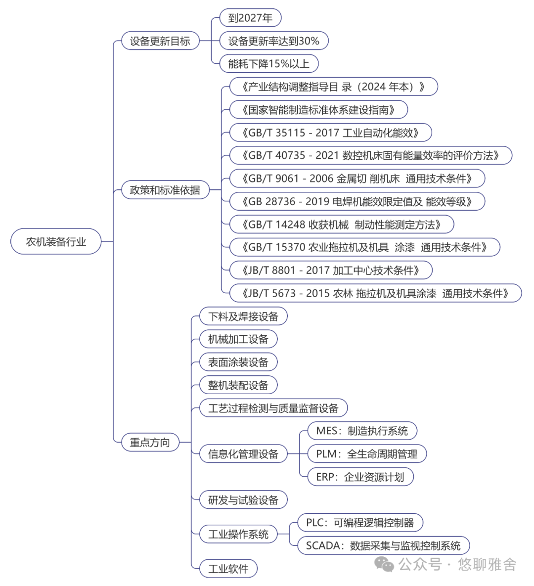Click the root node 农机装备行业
(x=56, y=242)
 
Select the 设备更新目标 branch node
(x=160, y=41)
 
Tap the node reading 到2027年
(x=250, y=18)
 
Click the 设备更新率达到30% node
(x=273, y=41)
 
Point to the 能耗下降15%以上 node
(x=268, y=64)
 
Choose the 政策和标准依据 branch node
(x=165, y=190)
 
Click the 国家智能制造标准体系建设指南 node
(x=318, y=110)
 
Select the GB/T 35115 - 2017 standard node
(x=330, y=133)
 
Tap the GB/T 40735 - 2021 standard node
(x=370, y=155)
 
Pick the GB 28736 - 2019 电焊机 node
(x=357, y=201)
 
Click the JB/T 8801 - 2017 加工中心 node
(x=331, y=270)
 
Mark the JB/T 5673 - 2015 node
(x=375, y=293)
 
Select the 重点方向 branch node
(x=150, y=442)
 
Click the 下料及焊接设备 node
(x=243, y=316)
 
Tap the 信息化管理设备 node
(x=243, y=454)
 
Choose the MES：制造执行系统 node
(x=362, y=431)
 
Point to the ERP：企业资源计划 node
(x=360, y=477)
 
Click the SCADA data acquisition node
(x=383, y=545)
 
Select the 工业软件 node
(x=228, y=569)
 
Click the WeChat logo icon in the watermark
(x=384, y=564)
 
